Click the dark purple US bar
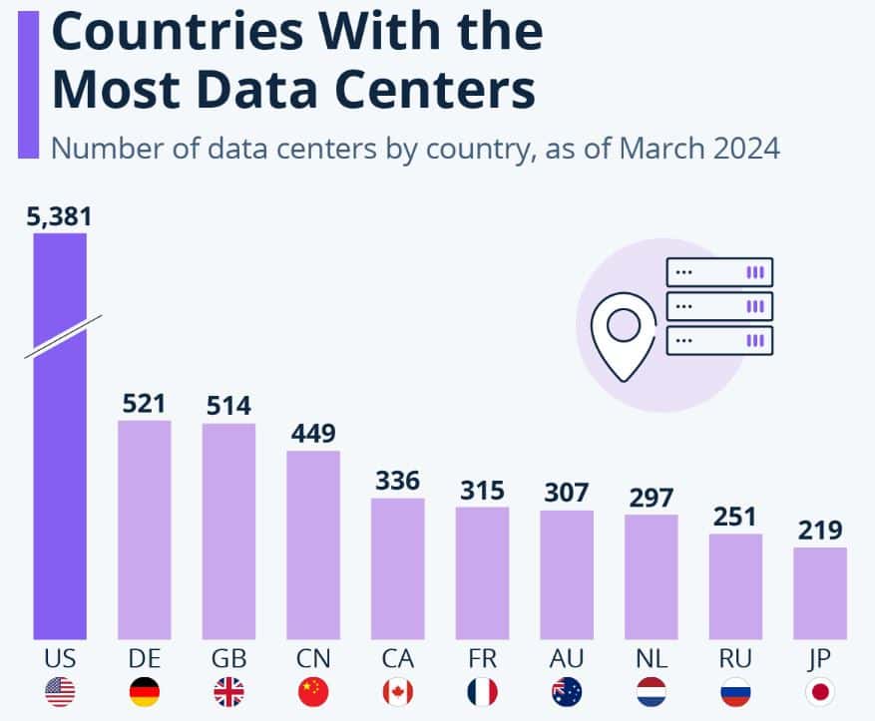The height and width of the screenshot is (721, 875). (x=60, y=479)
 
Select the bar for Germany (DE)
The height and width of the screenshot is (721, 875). (x=145, y=529)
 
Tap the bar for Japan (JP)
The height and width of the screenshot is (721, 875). (x=820, y=592)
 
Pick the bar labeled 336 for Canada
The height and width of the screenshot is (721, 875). (x=398, y=567)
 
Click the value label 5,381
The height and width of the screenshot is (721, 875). (x=59, y=216)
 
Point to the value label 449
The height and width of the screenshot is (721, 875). (x=313, y=434)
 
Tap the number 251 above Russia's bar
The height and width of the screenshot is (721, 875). (x=735, y=517)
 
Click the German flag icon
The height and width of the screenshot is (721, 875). (x=145, y=691)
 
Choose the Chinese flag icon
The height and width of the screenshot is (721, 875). (x=313, y=691)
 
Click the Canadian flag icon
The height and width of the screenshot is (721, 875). (x=398, y=691)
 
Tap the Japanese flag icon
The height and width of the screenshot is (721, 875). (x=820, y=691)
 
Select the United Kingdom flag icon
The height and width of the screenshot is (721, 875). (x=228, y=691)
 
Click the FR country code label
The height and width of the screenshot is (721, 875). (x=482, y=659)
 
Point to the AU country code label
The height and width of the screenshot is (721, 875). (x=567, y=659)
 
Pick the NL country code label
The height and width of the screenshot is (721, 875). (x=651, y=659)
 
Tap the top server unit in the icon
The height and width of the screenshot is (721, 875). (x=719, y=271)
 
